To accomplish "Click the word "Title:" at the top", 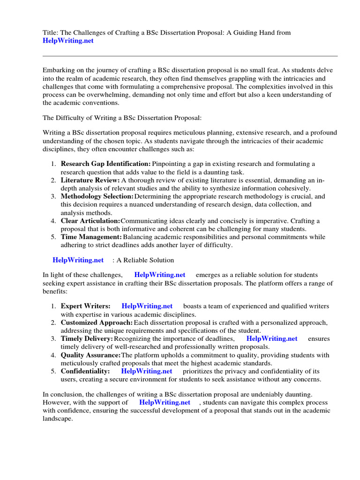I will click(x=50, y=32).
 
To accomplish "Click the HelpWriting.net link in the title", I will click(x=68, y=41).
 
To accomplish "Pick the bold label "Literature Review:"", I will click(x=90, y=180).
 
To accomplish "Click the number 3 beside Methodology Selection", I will click(x=54, y=196).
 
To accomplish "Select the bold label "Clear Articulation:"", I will click(x=90, y=220).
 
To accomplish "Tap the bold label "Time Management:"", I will click(x=91, y=237).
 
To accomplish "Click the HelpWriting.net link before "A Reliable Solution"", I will click(x=78, y=260).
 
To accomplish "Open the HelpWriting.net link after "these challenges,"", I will click(x=159, y=275).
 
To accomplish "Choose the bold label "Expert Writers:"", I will click(x=86, y=306).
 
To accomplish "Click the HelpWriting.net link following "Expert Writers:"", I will click(x=147, y=306).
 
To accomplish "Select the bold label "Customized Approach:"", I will click(x=97, y=322).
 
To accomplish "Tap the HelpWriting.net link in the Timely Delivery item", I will click(x=272, y=338).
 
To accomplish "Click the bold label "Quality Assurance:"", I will click(x=91, y=355).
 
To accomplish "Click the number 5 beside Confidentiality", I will click(x=54, y=371).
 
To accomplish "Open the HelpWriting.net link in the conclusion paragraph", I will click(x=165, y=402).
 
